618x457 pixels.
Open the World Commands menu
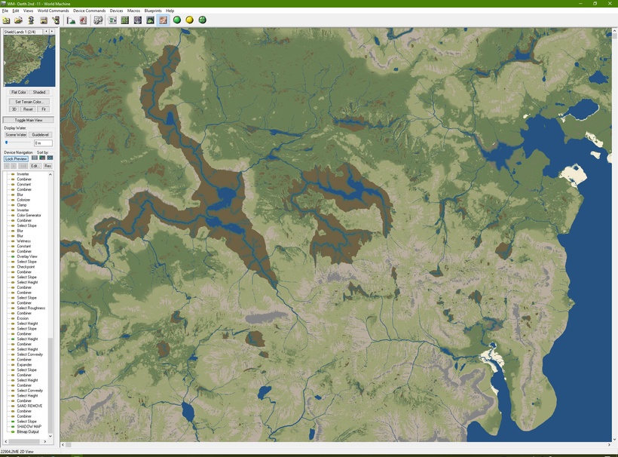(x=53, y=11)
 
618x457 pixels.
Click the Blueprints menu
(x=153, y=11)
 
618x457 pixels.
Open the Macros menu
(x=133, y=11)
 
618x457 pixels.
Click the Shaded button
(x=40, y=92)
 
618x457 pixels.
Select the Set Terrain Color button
(x=29, y=101)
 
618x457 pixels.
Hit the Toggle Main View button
(x=29, y=120)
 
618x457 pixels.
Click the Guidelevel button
(x=41, y=134)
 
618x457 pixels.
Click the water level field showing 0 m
(x=43, y=143)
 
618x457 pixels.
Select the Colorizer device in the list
(x=23, y=200)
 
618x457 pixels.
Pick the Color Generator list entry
(x=29, y=215)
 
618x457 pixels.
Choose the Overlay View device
(x=27, y=256)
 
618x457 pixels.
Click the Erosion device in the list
(x=23, y=318)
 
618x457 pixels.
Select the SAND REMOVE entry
(x=29, y=406)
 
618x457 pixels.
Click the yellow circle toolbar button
(x=189, y=20)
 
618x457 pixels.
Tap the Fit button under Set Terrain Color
(x=44, y=109)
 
